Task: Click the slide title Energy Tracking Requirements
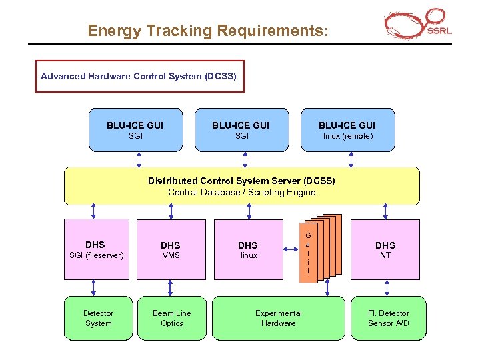208,31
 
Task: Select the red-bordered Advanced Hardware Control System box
139,77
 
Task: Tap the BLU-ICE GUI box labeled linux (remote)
347,130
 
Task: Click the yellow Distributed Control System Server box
241,186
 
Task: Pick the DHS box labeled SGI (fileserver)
97,249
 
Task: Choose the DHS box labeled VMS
171,249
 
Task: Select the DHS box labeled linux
247,249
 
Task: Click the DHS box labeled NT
385,249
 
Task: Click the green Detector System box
98,318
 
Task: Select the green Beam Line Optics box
171,318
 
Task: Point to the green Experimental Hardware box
278,318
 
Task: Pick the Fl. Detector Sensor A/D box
388,318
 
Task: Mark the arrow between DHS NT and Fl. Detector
385,287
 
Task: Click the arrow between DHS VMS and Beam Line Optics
171,287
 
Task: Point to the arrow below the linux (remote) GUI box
348,159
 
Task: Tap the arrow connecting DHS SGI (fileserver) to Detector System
94,287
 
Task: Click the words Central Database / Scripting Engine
241,193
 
